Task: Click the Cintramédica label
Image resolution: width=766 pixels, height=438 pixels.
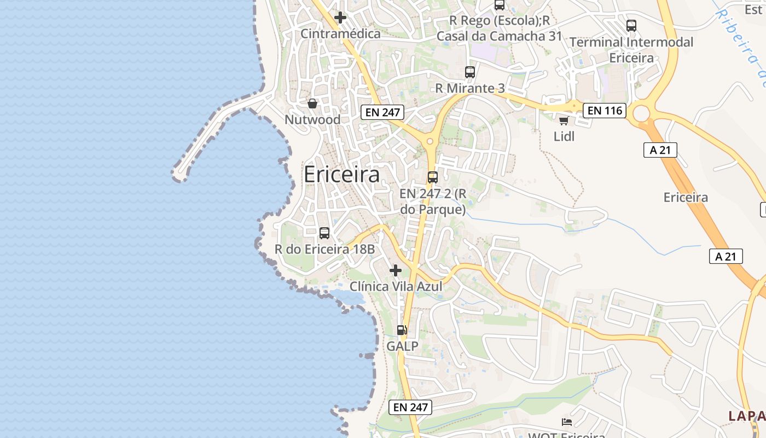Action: click(x=340, y=34)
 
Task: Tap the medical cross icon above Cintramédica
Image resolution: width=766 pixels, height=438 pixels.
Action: click(x=340, y=18)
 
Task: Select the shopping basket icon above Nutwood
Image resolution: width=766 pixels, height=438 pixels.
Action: click(x=312, y=103)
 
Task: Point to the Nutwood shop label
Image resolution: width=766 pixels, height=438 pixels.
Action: click(x=312, y=119)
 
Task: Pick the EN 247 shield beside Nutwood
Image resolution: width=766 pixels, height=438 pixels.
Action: click(x=382, y=113)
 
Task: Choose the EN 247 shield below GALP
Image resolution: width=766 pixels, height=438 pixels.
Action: click(x=410, y=407)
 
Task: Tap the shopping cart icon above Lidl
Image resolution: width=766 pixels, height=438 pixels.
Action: click(x=564, y=120)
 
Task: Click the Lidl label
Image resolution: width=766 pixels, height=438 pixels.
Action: click(x=564, y=136)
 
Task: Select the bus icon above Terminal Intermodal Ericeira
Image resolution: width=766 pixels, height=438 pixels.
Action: click(x=631, y=26)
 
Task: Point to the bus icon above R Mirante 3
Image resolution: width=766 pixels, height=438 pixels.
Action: click(x=470, y=72)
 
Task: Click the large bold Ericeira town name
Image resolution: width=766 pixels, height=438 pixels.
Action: click(x=341, y=175)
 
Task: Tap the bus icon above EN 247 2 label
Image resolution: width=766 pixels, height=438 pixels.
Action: click(x=433, y=177)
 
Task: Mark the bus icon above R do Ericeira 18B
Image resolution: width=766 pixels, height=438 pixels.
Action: click(x=324, y=233)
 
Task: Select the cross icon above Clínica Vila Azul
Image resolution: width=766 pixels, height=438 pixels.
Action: click(x=396, y=270)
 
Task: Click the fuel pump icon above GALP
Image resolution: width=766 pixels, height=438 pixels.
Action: click(x=402, y=330)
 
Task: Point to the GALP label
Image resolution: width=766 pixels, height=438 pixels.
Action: click(x=402, y=346)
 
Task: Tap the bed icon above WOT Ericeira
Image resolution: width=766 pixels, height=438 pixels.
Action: click(x=567, y=422)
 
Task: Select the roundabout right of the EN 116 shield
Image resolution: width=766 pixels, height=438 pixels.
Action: click(x=641, y=114)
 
